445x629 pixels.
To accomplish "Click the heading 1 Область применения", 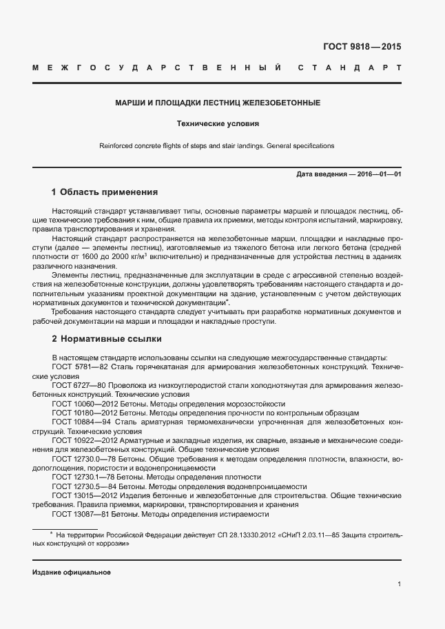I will (105, 192).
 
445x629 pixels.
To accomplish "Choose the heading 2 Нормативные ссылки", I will (106, 339).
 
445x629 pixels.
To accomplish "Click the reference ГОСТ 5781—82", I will (79, 368).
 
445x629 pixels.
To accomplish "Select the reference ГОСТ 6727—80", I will (79, 386).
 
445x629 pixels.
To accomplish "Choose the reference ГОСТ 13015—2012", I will (83, 494).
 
